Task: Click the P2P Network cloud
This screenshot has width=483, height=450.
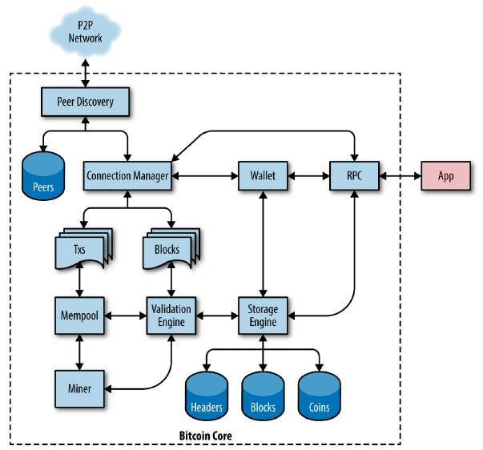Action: (86, 31)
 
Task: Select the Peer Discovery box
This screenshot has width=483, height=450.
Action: (86, 102)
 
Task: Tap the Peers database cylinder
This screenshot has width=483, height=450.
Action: (43, 176)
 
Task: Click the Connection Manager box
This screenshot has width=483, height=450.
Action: (127, 176)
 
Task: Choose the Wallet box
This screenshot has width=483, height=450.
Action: (263, 176)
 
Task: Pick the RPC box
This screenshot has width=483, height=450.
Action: (354, 176)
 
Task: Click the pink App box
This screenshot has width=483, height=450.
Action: (445, 176)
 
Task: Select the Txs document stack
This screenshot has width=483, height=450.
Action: (84, 249)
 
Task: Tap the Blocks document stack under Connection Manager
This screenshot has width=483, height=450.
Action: (171, 249)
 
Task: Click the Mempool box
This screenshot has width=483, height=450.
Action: (79, 315)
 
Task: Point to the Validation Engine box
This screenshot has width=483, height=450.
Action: (171, 315)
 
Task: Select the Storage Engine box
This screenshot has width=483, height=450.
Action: (263, 315)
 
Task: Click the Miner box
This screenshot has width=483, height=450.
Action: (79, 389)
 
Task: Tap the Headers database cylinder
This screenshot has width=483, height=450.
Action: (207, 396)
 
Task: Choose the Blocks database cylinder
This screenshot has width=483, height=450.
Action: (263, 396)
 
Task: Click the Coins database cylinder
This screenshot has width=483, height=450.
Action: (319, 396)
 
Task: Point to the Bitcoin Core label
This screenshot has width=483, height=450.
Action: (206, 436)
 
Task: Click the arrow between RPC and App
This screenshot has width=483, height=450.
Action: (400, 176)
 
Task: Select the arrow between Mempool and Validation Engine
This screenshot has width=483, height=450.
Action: (126, 315)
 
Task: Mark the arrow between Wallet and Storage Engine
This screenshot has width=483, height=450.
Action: (263, 243)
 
